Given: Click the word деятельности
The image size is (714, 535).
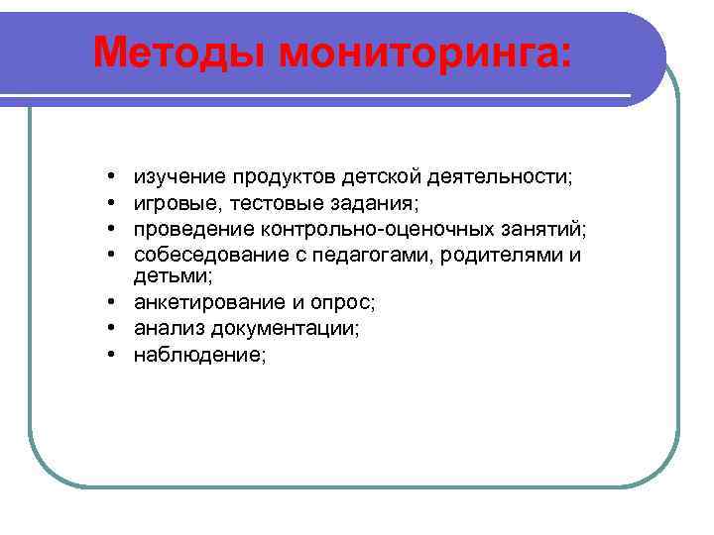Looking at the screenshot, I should pyautogui.click(x=502, y=177).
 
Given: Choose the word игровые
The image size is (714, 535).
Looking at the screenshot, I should pyautogui.click(x=175, y=203).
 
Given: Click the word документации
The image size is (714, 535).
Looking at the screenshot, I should pyautogui.click(x=290, y=328).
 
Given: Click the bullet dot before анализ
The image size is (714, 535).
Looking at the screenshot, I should pyautogui.click(x=113, y=328).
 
